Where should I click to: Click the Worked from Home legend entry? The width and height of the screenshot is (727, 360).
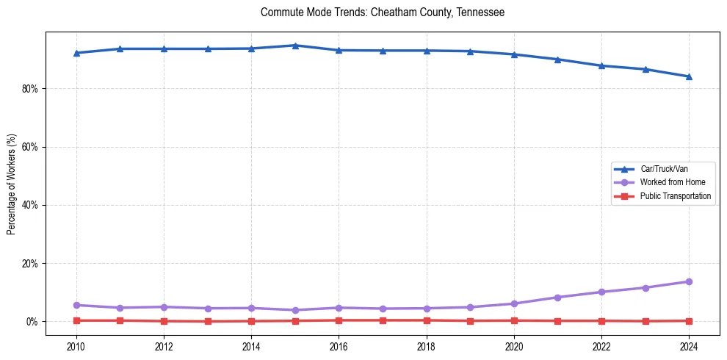[672, 182]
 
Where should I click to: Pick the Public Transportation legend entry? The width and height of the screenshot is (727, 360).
[676, 196]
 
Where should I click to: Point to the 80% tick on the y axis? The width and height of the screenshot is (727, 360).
[30, 89]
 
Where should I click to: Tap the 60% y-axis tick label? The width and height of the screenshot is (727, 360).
[30, 147]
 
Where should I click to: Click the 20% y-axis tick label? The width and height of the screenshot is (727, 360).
[30, 264]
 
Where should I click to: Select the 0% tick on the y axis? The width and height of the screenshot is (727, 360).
[32, 322]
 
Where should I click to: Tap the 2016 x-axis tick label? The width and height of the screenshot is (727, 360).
[339, 345]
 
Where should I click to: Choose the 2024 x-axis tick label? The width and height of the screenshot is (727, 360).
[689, 345]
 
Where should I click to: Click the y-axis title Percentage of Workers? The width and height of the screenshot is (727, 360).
[12, 184]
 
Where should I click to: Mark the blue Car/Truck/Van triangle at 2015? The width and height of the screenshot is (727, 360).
[295, 46]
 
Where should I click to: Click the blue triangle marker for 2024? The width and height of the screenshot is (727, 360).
[689, 76]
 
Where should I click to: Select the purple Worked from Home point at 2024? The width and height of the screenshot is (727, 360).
[689, 281]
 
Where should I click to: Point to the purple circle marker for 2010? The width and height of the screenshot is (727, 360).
[76, 305]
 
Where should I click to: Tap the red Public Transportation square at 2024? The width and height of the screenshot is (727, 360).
[689, 321]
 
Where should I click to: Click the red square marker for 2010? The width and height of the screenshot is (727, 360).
[76, 320]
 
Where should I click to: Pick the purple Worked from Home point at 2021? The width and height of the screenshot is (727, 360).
[557, 298]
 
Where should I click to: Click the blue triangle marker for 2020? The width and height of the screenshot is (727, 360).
[514, 54]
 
